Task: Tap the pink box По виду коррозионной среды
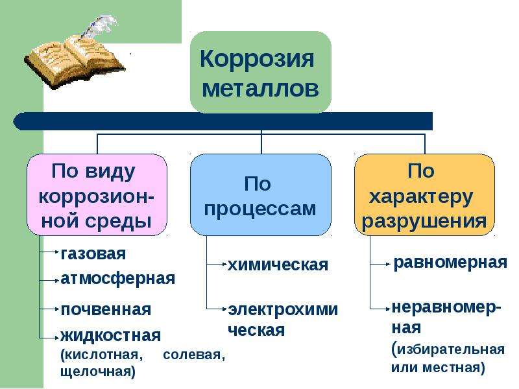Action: pyautogui.click(x=97, y=194)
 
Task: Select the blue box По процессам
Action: pyautogui.click(x=260, y=194)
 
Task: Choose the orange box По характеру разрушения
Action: pyautogui.click(x=424, y=194)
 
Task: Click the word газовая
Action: pyautogui.click(x=93, y=253)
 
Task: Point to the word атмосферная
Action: pyautogui.click(x=117, y=279)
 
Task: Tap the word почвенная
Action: pyautogui.click(x=105, y=309)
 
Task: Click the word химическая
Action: pyautogui.click(x=278, y=265)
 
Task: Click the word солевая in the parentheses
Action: pyautogui.click(x=194, y=355)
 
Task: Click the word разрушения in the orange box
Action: pyautogui.click(x=424, y=221)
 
